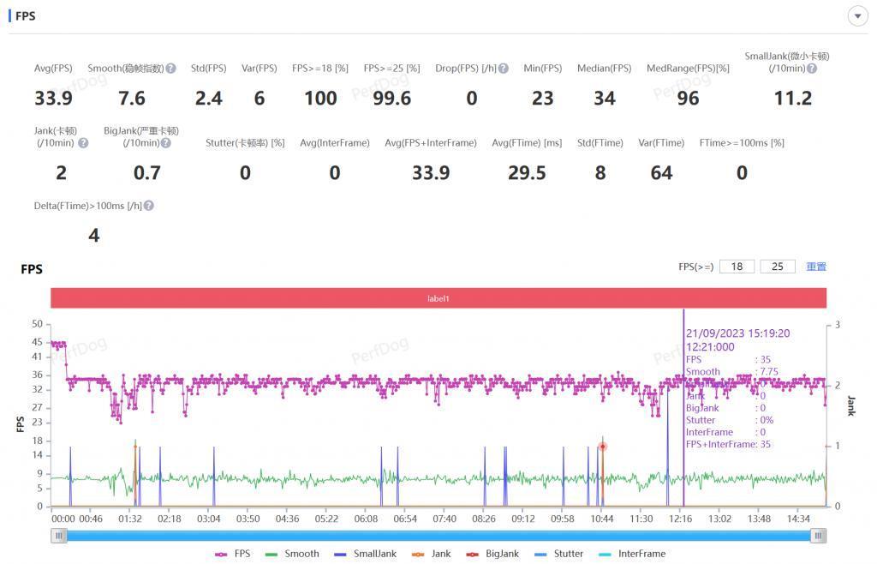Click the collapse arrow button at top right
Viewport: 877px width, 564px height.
tap(857, 16)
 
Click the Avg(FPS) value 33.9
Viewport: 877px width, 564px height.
tap(53, 99)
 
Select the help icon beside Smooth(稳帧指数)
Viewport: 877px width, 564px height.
tap(171, 69)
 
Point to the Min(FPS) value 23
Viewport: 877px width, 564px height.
tap(542, 99)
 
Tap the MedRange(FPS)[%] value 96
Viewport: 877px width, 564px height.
tap(688, 99)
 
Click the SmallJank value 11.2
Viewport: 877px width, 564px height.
tap(792, 99)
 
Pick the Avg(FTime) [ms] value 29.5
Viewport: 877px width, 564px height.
tap(527, 173)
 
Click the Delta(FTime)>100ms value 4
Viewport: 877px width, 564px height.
tap(94, 236)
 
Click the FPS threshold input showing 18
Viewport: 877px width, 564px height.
tap(737, 267)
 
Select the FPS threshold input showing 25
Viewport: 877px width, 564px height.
tap(777, 267)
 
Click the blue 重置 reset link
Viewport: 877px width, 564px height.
tap(816, 267)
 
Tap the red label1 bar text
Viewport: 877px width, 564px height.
tap(438, 298)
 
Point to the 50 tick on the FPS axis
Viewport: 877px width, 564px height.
tap(37, 324)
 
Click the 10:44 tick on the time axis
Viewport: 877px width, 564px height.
tap(602, 519)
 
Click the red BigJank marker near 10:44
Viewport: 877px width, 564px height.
tap(603, 447)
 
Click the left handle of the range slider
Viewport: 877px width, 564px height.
tap(58, 536)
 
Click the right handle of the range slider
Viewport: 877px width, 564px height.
tap(819, 536)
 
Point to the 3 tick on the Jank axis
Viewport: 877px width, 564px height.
tap(837, 324)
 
